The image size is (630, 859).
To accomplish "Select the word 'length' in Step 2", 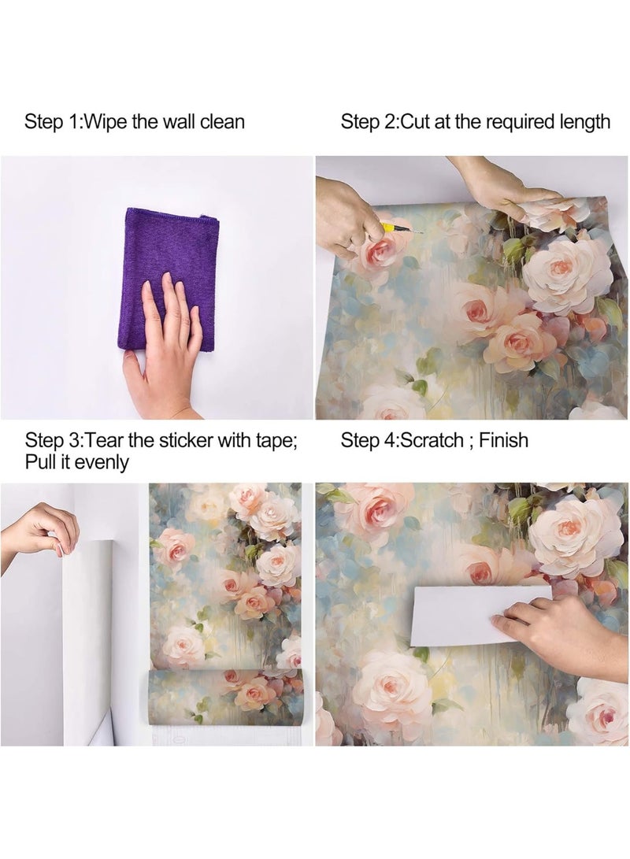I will [x=587, y=122].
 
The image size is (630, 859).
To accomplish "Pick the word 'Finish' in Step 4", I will [x=503, y=440].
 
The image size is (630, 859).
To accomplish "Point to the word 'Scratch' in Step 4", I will [x=432, y=440].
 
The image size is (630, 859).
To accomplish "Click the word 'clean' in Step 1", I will [x=224, y=122].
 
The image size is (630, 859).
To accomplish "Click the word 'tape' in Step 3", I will [x=272, y=440].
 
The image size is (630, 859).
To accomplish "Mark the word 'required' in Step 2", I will [x=524, y=122].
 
